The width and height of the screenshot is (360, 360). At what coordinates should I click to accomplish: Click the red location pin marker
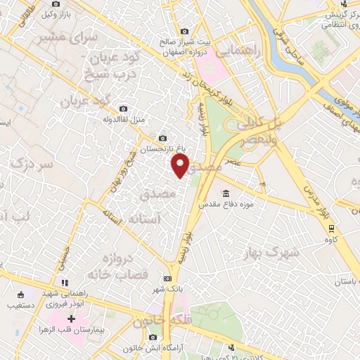[181, 166]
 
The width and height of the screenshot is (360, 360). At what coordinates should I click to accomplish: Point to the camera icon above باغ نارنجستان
[163, 139]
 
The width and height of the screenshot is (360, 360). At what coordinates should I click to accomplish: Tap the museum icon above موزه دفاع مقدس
[226, 194]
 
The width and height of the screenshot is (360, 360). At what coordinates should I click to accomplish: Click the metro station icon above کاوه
[331, 227]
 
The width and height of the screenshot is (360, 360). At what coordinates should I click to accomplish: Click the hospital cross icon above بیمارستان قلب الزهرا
[71, 319]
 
